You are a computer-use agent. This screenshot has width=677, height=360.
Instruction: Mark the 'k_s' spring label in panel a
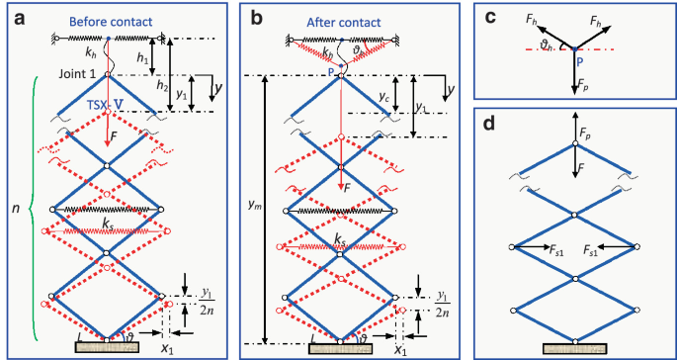coord(108,224)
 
